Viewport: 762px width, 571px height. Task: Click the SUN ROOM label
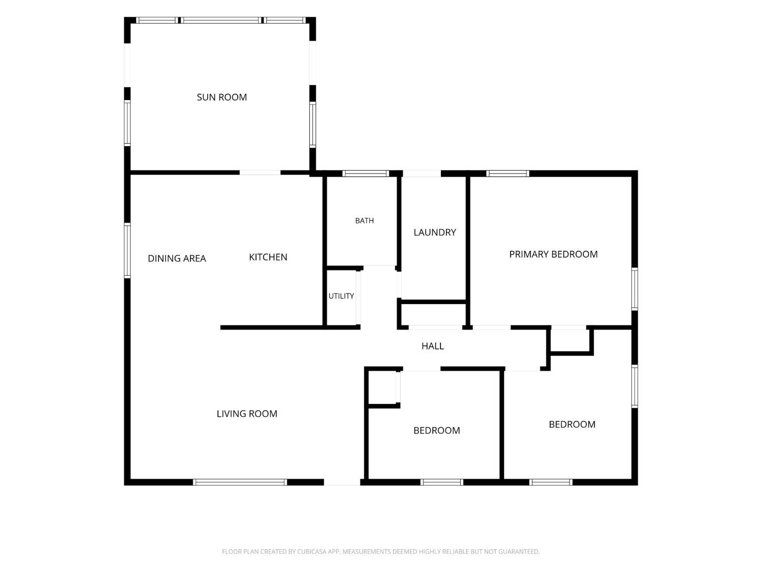click(x=222, y=97)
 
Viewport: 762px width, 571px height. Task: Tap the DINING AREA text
click(x=177, y=258)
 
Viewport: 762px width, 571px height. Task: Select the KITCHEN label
click(x=268, y=257)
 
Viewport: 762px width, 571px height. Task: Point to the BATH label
click(x=365, y=220)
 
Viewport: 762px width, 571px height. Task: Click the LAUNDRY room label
click(x=435, y=232)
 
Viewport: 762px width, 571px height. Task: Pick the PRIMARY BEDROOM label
click(x=553, y=254)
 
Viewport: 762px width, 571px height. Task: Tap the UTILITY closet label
click(x=341, y=296)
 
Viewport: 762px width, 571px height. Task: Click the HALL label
click(x=432, y=346)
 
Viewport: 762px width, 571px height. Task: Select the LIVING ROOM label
click(x=247, y=414)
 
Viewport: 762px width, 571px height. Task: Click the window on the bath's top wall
click(x=366, y=174)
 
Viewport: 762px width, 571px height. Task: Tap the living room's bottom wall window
click(x=240, y=482)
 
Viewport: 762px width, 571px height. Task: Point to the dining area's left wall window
click(x=128, y=251)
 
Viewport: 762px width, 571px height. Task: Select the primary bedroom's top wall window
click(x=507, y=174)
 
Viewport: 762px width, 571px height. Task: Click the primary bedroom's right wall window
click(x=634, y=289)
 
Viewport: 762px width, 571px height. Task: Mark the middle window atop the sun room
click(x=221, y=20)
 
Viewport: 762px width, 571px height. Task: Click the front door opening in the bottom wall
click(x=342, y=482)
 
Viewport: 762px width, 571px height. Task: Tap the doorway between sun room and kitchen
click(x=260, y=173)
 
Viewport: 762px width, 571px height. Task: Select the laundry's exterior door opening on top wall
click(x=422, y=174)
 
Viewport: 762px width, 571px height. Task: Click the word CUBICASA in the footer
click(x=311, y=552)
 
